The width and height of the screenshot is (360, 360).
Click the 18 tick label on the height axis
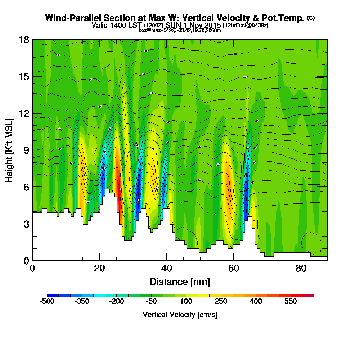click(x=24, y=40)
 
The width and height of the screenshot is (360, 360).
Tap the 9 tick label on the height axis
click(x=26, y=150)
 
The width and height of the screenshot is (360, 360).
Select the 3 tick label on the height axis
click(x=26, y=224)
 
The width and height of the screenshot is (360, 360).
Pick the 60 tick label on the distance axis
click(x=234, y=269)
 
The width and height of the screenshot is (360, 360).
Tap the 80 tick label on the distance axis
click(x=301, y=269)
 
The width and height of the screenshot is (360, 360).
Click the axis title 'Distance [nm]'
click(x=180, y=282)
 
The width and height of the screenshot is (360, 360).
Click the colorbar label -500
click(x=47, y=302)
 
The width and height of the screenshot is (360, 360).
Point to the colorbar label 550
click(x=291, y=302)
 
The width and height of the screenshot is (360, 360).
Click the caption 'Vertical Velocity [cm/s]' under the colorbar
click(x=180, y=315)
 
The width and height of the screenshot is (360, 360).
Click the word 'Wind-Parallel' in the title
click(x=72, y=18)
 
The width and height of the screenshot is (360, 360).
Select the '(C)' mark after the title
click(x=311, y=18)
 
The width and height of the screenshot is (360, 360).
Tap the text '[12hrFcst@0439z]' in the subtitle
click(x=246, y=26)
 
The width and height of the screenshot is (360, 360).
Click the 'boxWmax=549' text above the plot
click(x=153, y=30)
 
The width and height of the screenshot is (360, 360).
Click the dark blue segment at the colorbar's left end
click(x=53, y=295)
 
